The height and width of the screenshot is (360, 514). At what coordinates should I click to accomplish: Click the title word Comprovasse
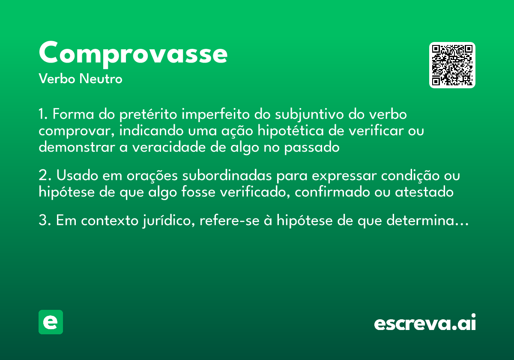tap(133, 54)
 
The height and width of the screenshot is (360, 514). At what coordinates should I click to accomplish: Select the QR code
tap(452, 65)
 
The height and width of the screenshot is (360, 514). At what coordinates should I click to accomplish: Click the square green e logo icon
tap(51, 322)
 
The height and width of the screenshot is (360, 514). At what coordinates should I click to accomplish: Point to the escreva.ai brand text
tap(425, 323)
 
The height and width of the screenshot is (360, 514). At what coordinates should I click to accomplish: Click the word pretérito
tap(148, 115)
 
